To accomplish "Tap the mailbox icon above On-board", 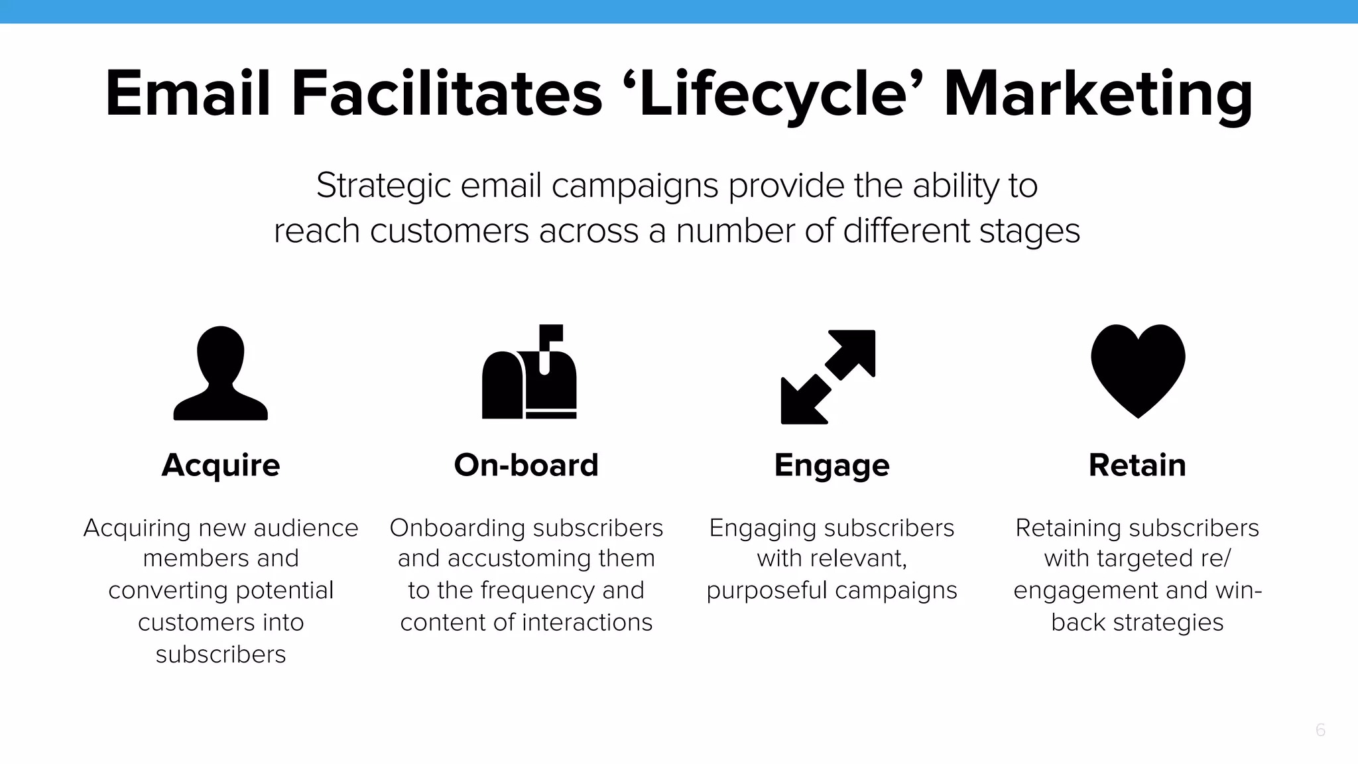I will (528, 378).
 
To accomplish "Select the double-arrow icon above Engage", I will (828, 377).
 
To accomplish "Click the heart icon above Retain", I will (1138, 370).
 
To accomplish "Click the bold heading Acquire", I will (221, 465).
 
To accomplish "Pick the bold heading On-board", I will (526, 465).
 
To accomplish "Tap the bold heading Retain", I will (1137, 465).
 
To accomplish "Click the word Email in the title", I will (188, 94).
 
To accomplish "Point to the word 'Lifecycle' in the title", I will (773, 94).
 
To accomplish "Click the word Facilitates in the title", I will (446, 94).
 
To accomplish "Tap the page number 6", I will (1320, 730).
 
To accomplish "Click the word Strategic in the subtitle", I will (383, 186).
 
